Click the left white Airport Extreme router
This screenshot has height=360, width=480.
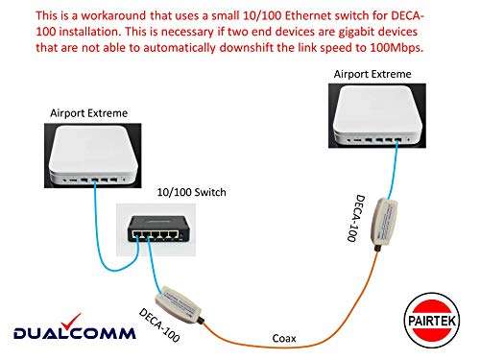click(x=89, y=154)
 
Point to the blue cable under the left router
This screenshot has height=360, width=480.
click(x=95, y=226)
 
